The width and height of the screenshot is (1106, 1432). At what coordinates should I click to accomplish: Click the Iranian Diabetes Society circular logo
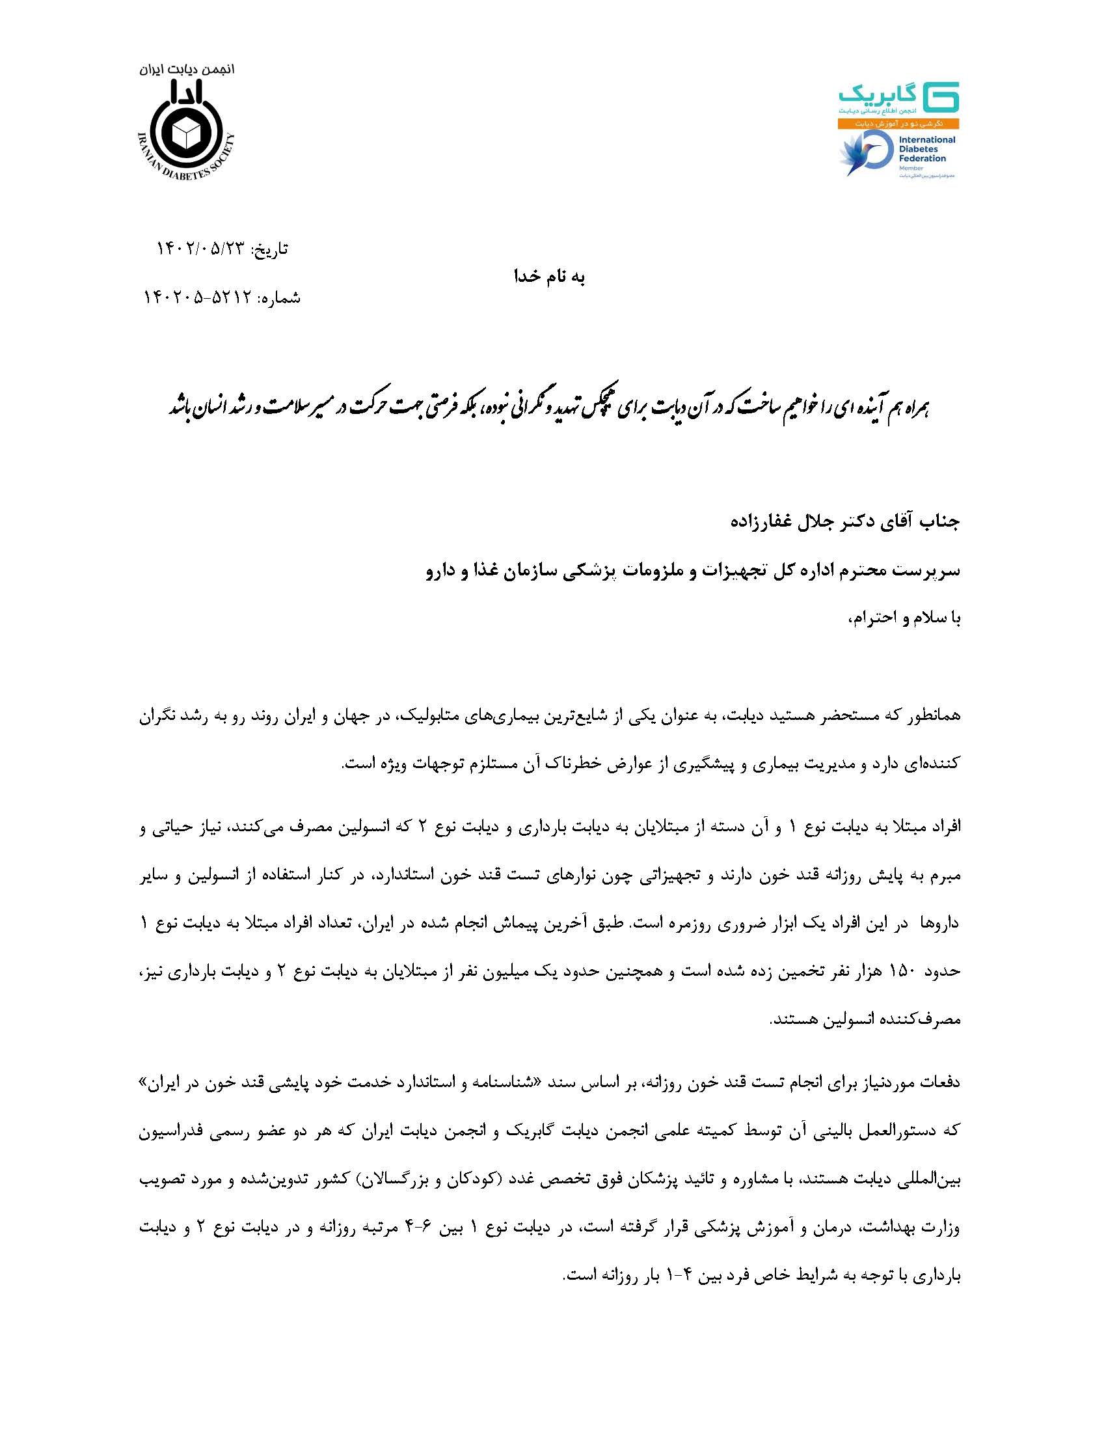tap(186, 133)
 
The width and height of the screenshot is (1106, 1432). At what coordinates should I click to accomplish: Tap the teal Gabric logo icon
tap(941, 97)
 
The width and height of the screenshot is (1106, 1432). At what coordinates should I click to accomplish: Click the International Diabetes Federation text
tap(925, 149)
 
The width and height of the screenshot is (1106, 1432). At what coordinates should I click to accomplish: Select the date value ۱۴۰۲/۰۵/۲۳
tap(200, 249)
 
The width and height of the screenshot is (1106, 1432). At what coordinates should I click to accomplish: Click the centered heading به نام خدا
tap(549, 277)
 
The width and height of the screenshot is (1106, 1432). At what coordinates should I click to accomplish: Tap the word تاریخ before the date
tap(271, 249)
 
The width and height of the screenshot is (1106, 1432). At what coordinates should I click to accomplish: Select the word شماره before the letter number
tap(280, 299)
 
